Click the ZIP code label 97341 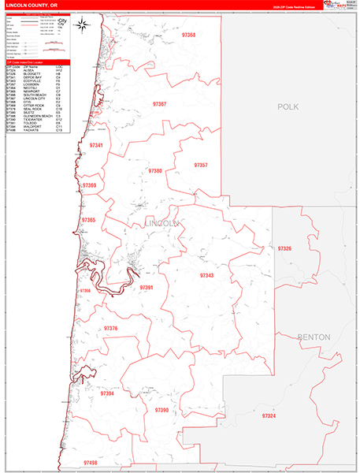pyautogui.click(x=96, y=146)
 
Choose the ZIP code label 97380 pyautogui.click(x=154, y=170)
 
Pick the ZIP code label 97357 pyautogui.click(x=199, y=165)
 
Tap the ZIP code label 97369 pyautogui.click(x=89, y=186)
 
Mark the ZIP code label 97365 pyautogui.click(x=88, y=220)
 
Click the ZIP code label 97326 pyautogui.click(x=284, y=248)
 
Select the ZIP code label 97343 pyautogui.click(x=206, y=275)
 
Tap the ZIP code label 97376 pyautogui.click(x=110, y=328)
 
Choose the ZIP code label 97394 pyautogui.click(x=107, y=393)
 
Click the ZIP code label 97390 pyautogui.click(x=161, y=410)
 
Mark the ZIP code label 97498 pyautogui.click(x=90, y=463)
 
